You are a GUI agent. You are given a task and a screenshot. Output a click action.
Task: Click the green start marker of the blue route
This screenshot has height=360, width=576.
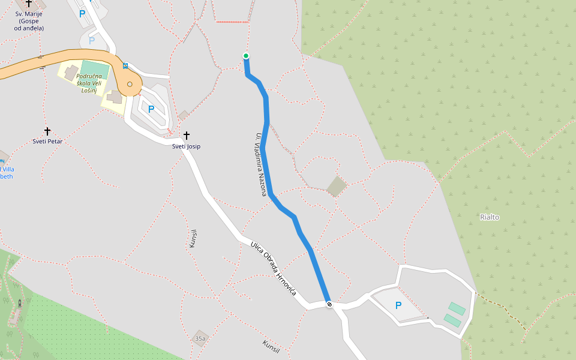coord(246,56)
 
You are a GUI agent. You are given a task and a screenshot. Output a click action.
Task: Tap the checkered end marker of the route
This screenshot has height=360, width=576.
coord(329,304)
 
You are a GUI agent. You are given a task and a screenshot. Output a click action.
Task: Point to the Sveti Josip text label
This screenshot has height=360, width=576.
coord(186,146)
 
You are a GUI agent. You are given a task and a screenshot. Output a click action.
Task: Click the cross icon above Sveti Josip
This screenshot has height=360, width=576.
coord(187,136)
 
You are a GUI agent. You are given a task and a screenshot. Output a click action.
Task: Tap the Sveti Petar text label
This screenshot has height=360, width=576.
coord(47,142)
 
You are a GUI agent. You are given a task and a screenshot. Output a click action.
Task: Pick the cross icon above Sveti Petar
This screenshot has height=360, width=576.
coord(47,131)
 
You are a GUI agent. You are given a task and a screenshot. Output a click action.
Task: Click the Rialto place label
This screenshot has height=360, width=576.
coord(490,217)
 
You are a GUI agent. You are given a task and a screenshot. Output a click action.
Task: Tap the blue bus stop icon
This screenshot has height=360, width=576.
coord(125,65)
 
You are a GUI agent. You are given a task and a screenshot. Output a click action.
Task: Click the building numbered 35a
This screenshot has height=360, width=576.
coord(200,338)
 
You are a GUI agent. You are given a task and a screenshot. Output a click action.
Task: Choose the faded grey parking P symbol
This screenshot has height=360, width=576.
coord(92,41)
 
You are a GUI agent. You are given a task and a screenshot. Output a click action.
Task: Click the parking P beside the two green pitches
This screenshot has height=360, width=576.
coord(398,305)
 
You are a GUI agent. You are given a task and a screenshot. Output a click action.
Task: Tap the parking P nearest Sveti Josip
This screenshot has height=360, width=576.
coord(151,109)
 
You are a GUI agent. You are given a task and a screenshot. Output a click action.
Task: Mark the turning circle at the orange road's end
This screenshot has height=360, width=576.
coord(130,84)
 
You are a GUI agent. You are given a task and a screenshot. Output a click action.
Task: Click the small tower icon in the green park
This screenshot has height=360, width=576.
coord(20,303)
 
